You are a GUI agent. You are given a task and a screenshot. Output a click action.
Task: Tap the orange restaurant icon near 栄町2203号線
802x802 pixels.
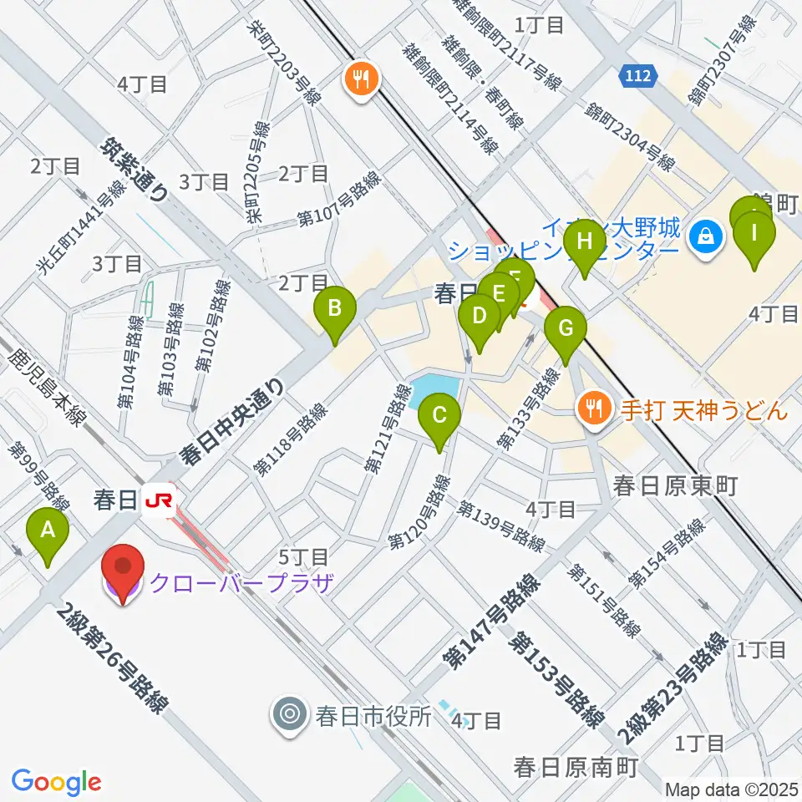pos(362,80)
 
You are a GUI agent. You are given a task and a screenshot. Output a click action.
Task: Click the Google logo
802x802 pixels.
pos(57,781)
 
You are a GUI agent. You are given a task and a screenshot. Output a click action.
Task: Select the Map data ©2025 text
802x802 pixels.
pos(730,789)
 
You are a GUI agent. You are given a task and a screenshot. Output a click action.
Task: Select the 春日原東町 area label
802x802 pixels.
pos(674,485)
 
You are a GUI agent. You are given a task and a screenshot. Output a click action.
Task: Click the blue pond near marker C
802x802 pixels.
pos(431,391)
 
